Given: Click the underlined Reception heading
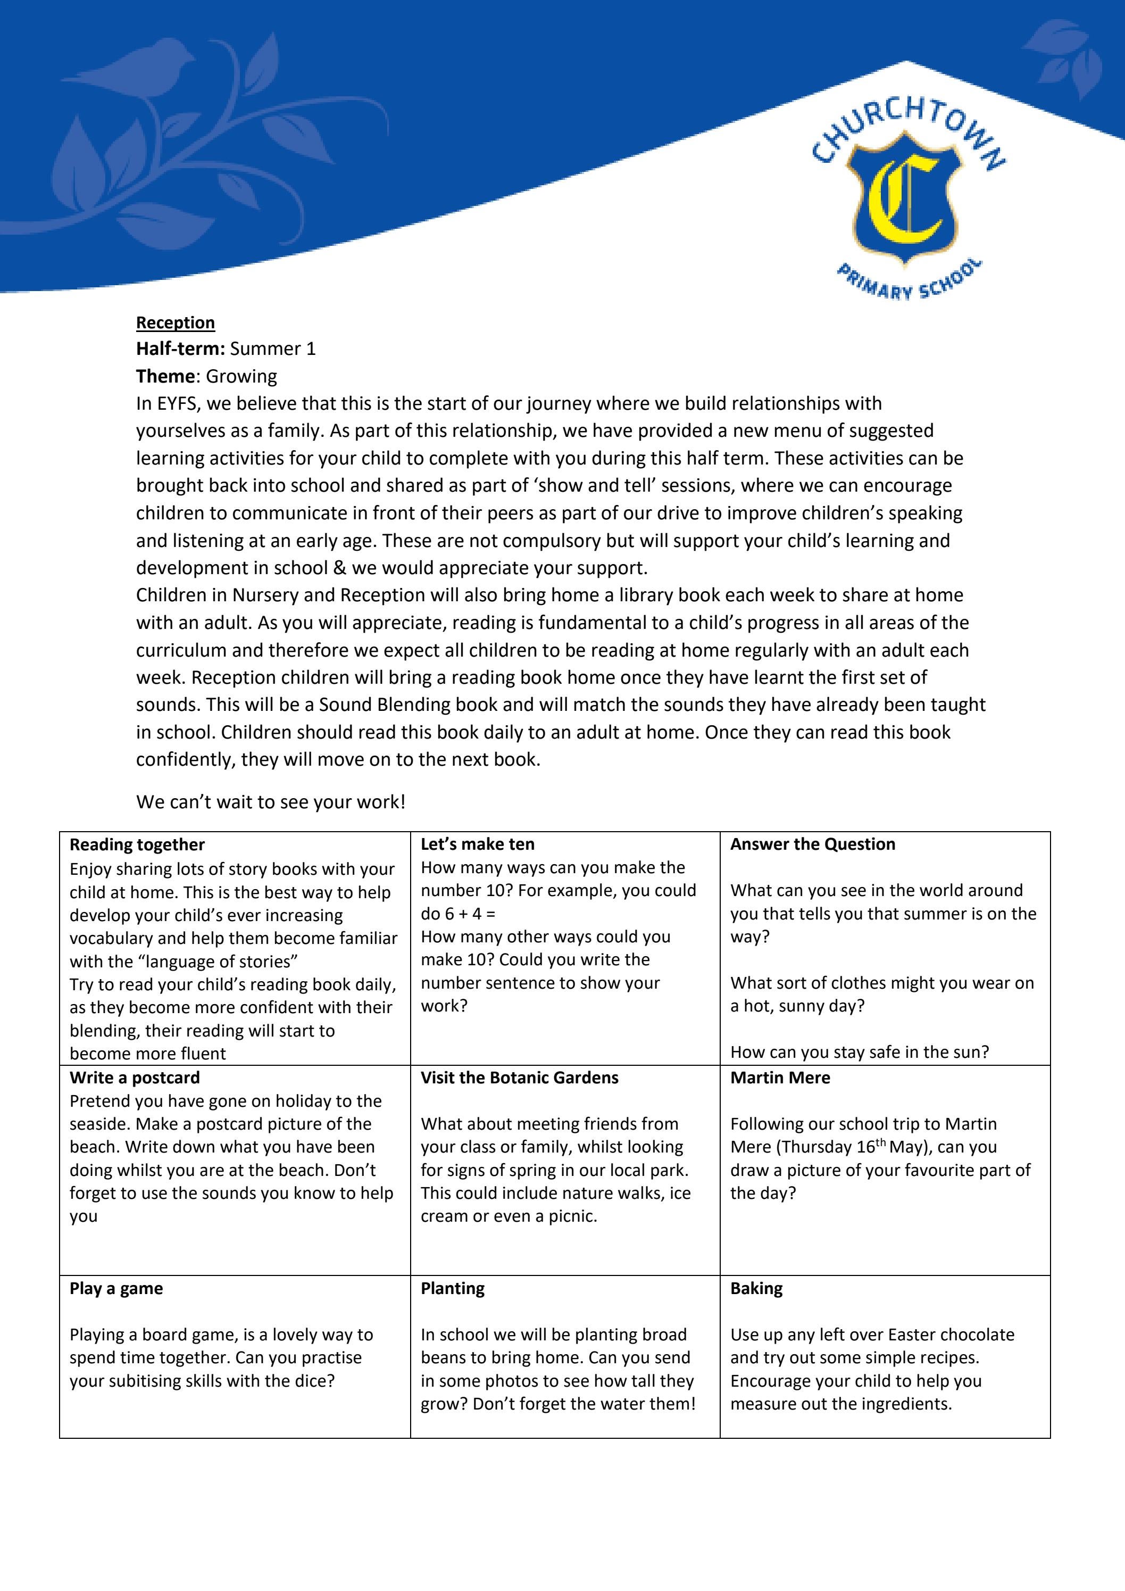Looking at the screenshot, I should [x=175, y=323].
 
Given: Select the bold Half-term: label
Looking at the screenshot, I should [x=181, y=349].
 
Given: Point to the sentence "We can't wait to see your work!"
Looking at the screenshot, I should [x=270, y=802].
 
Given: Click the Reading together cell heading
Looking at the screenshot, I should [x=137, y=844].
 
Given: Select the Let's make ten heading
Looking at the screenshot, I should [x=477, y=844].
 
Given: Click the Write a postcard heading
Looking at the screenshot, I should [x=135, y=1078].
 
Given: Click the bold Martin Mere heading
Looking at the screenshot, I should [x=779, y=1078].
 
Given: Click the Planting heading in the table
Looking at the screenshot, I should [x=452, y=1288].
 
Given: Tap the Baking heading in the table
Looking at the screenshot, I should [x=756, y=1288].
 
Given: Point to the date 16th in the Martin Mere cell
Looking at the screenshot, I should [x=871, y=1146].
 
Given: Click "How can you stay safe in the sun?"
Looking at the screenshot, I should [x=859, y=1052].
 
